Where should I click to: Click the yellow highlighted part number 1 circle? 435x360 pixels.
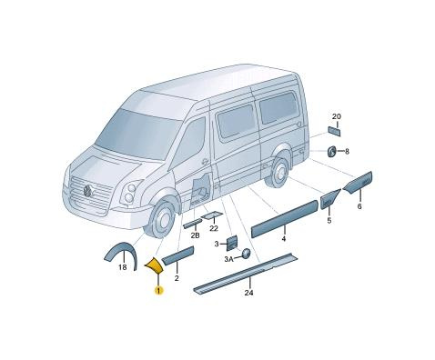click(x=158, y=290)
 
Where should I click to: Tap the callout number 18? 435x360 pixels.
click(x=123, y=267)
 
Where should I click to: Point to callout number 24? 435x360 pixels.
click(x=248, y=293)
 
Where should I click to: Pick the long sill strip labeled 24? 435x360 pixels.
click(x=246, y=273)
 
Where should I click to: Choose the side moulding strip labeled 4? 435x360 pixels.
click(x=285, y=218)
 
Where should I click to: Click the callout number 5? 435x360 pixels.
click(x=329, y=220)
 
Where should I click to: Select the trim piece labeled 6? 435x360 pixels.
click(x=358, y=183)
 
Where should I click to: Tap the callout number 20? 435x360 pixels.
click(x=337, y=116)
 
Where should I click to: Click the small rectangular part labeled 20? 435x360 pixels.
click(x=334, y=131)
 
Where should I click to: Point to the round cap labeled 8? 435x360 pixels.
click(x=331, y=151)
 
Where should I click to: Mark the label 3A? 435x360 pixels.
click(x=228, y=259)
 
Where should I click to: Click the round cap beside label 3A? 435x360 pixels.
click(x=246, y=254)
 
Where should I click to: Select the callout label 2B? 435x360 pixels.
click(x=195, y=235)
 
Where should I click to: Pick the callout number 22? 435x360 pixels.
click(x=214, y=228)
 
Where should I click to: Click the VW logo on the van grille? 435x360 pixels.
click(x=88, y=190)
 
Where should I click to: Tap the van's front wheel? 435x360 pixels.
click(x=162, y=218)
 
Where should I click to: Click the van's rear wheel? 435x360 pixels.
click(x=278, y=171)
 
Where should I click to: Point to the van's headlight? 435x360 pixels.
click(x=130, y=193)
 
